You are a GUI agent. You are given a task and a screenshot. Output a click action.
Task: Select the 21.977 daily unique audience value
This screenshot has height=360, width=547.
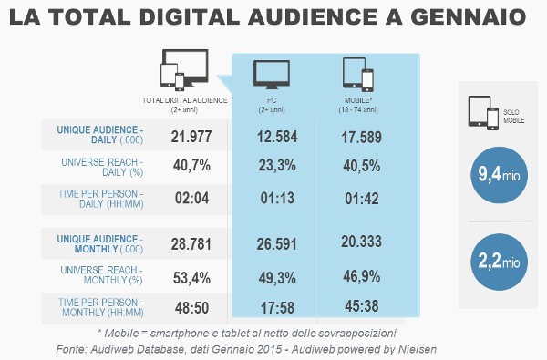(194, 136)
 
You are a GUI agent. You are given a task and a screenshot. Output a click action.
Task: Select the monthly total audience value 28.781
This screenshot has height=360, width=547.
(194, 242)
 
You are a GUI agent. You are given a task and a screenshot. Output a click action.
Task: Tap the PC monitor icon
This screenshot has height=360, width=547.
(272, 73)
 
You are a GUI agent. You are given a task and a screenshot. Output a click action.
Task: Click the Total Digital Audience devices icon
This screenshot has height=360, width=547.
(184, 71)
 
